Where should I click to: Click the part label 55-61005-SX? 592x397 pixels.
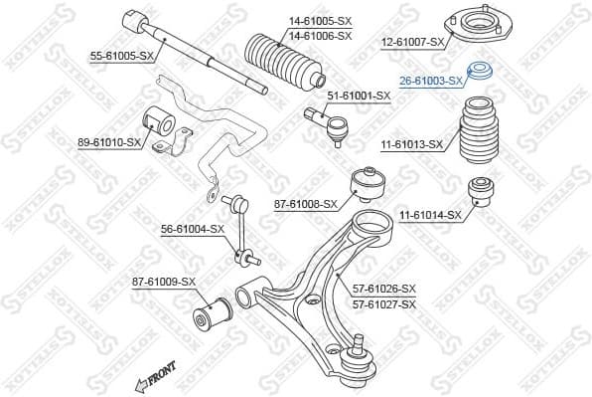coord(121,57)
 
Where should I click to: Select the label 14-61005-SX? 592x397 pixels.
coord(292,19)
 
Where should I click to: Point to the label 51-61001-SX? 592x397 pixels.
coord(360,96)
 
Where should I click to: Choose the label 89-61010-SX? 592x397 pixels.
coord(109,143)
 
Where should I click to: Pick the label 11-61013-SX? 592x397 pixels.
coord(411,144)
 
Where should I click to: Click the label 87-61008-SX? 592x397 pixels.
coord(306,204)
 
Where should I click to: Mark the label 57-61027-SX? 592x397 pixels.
coord(384,303)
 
